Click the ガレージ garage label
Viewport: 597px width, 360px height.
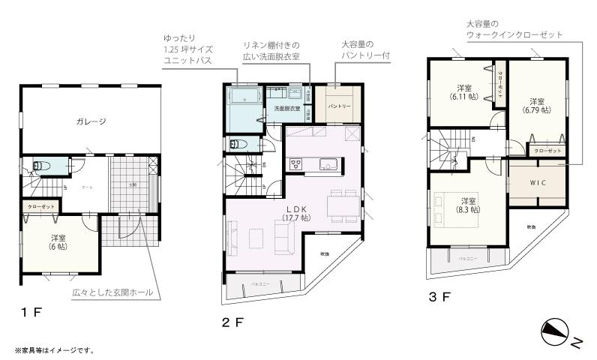90,121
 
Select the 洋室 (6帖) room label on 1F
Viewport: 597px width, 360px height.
57,241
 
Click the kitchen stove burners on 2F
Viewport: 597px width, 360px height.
295,165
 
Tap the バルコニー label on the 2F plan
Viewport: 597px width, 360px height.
259,284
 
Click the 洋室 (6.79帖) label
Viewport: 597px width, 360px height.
536,105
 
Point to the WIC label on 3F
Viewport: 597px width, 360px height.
537,183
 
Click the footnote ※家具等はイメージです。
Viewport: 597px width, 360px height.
53,349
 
